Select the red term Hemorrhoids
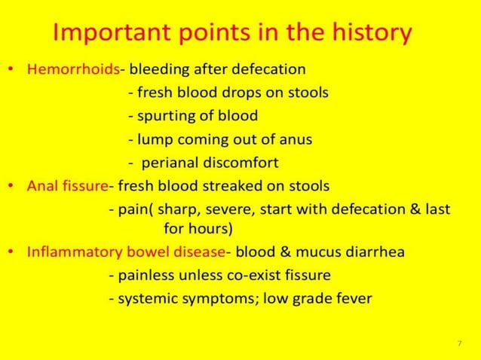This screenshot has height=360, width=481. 73,70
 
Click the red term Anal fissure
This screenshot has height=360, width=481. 68,185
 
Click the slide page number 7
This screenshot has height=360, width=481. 459,343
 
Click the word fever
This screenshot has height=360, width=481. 353,298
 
